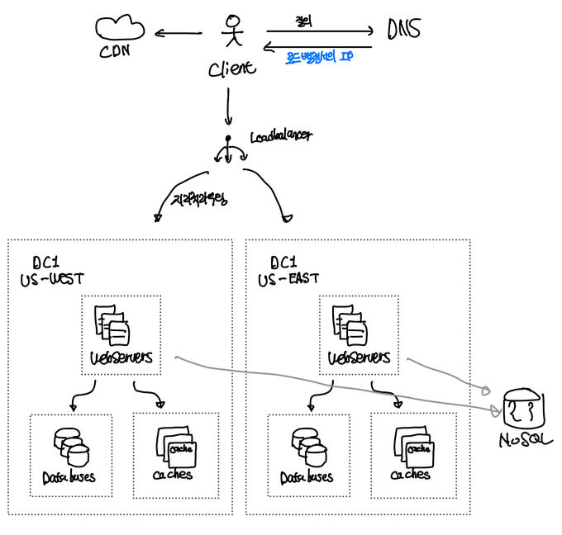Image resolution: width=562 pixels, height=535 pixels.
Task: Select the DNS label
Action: pos(404,30)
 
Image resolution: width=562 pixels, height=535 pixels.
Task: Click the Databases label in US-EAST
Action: pos(307,476)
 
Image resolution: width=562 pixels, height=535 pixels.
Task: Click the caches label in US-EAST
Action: pos(411,475)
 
